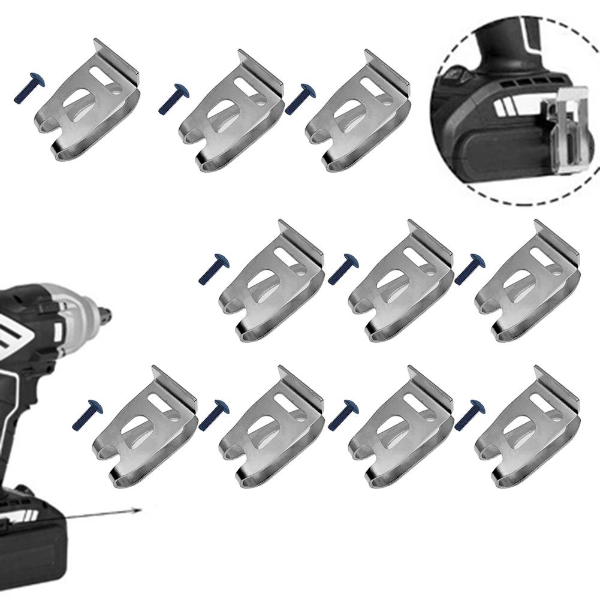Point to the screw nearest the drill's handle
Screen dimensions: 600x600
(x=88, y=415)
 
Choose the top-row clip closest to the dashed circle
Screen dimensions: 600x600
(x=358, y=114)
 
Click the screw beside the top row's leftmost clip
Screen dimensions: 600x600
(x=29, y=89)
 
